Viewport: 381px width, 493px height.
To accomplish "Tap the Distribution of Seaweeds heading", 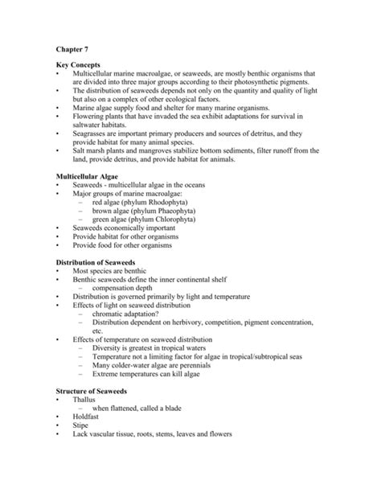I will [100, 263].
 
